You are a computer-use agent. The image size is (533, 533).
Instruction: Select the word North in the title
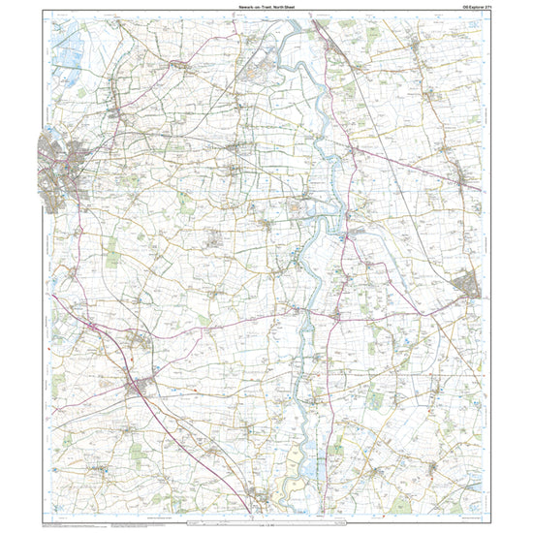281,7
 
